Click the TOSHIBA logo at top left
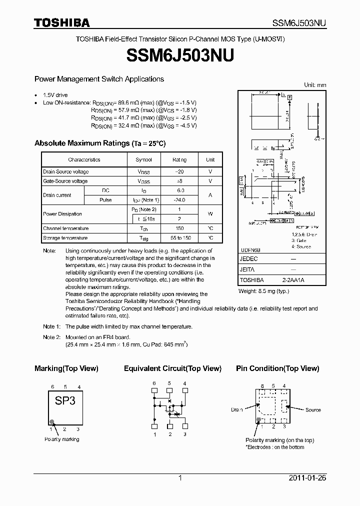click(x=62, y=23)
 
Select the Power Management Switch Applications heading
click(x=99, y=79)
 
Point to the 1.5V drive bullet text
click(x=55, y=95)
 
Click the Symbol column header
click(x=143, y=160)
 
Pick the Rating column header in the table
click(x=179, y=160)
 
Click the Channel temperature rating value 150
click(x=179, y=228)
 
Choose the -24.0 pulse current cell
click(x=179, y=200)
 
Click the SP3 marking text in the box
click(x=65, y=401)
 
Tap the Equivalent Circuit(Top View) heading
click(x=172, y=368)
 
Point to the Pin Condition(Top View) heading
click(x=277, y=368)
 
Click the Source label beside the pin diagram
click(x=313, y=410)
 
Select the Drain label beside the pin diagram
click(x=237, y=410)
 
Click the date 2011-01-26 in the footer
click(x=307, y=478)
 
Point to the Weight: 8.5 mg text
click(x=263, y=291)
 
